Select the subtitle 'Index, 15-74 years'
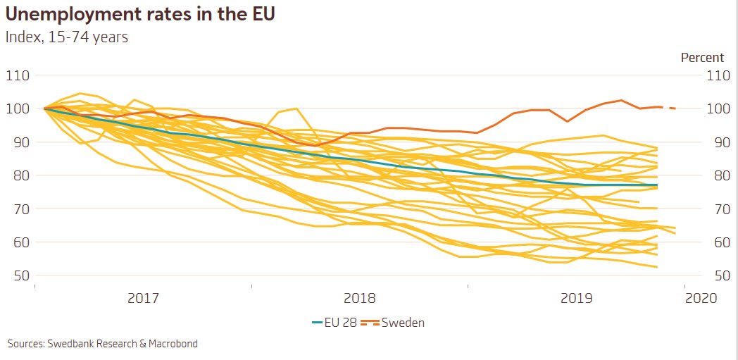[x=67, y=37]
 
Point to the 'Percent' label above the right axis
[x=702, y=58]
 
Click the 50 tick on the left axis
[x=18, y=275]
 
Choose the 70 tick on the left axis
[x=18, y=209]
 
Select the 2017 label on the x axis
[x=143, y=298]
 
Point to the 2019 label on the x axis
[x=576, y=298]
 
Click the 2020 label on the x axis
[x=701, y=298]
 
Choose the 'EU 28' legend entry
[x=334, y=323]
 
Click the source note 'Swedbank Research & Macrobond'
[x=103, y=344]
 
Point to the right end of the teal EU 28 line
[x=657, y=185]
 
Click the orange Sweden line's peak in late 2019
[x=620, y=100]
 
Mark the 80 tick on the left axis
[x=18, y=175]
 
